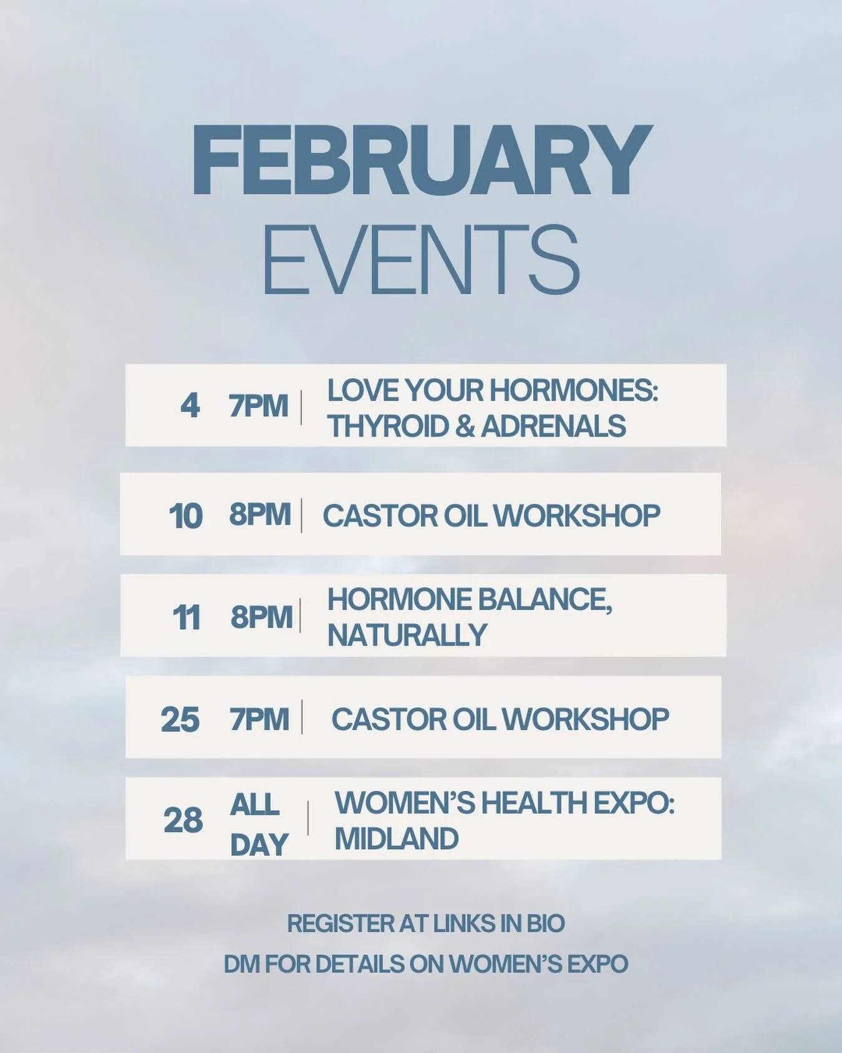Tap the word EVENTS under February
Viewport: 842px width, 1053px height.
click(422, 260)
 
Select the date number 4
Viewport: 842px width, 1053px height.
click(190, 406)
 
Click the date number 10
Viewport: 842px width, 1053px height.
click(185, 516)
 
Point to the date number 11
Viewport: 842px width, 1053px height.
click(186, 618)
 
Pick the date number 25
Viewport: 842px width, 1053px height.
click(180, 719)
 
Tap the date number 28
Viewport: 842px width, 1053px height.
click(183, 820)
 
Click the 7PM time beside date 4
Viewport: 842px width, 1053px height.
click(258, 406)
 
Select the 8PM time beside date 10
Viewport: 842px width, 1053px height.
click(259, 515)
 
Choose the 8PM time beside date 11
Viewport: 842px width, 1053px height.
click(261, 617)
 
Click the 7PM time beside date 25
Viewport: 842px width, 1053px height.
click(259, 719)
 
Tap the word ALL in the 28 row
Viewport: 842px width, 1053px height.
click(254, 805)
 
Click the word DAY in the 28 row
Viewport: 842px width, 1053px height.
click(258, 845)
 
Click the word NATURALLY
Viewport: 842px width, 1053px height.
click(407, 635)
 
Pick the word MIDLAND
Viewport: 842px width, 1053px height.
click(397, 838)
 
